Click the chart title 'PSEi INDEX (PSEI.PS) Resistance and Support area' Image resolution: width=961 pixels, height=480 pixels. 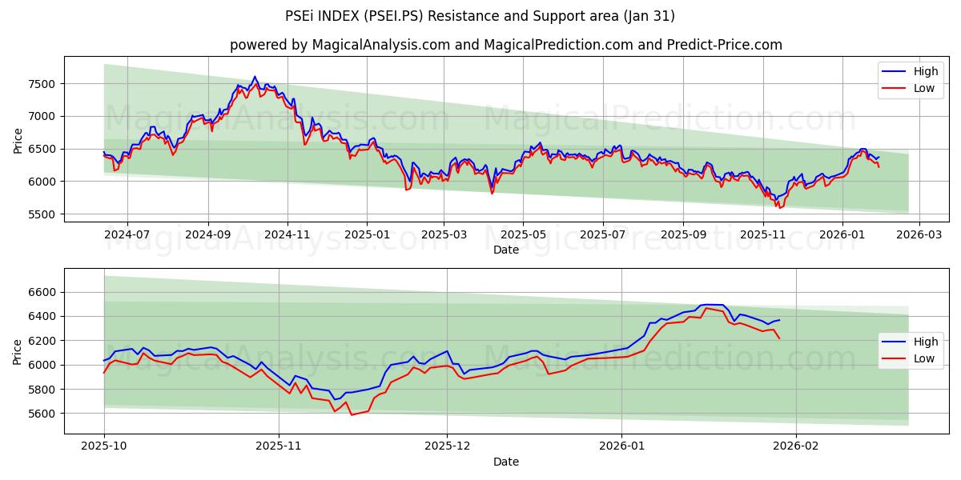(x=480, y=16)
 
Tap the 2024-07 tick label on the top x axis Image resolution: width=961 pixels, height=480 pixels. (x=127, y=234)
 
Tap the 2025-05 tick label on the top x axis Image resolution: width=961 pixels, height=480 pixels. (x=523, y=234)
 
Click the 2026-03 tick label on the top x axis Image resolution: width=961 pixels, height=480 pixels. (x=919, y=234)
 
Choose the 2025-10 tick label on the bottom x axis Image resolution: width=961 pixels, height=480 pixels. (x=104, y=446)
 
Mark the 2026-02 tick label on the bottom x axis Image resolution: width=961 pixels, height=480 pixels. (x=796, y=446)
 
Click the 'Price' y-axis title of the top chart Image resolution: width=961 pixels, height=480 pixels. (x=18, y=140)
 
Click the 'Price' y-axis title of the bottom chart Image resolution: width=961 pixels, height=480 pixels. (x=18, y=351)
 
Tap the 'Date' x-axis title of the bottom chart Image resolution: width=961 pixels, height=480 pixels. (x=505, y=462)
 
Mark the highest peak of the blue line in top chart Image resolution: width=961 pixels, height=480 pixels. (x=255, y=77)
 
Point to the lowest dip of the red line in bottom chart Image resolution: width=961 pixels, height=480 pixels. (x=351, y=414)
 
